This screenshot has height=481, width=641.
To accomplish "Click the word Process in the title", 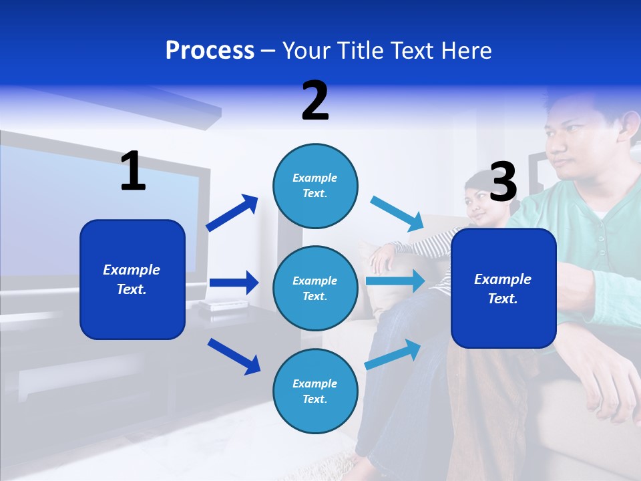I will (x=210, y=50).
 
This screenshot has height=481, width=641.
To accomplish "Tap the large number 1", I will (x=133, y=171).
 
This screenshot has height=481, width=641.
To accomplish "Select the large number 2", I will (x=314, y=101).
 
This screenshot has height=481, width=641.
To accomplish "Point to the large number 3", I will (x=503, y=182).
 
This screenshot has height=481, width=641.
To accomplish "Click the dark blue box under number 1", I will (x=132, y=280).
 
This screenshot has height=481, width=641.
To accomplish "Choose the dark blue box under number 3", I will (x=503, y=289).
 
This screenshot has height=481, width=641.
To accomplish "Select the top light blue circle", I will (x=315, y=185).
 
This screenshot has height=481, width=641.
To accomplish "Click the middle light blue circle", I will (x=315, y=288).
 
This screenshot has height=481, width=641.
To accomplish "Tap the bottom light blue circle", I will (x=315, y=391).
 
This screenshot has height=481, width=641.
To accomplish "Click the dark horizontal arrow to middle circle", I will (x=234, y=283).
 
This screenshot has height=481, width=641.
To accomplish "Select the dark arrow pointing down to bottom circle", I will (x=234, y=355).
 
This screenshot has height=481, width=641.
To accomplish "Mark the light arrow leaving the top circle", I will (x=397, y=213).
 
